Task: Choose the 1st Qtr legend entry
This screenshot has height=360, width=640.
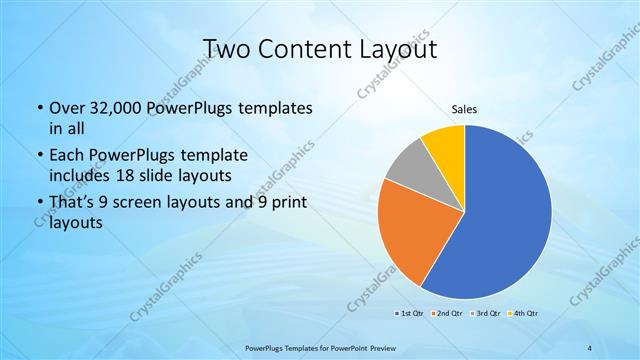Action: click(x=408, y=314)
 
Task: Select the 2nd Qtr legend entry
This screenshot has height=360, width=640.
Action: click(x=446, y=314)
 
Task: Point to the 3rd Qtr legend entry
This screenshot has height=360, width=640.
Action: click(x=484, y=314)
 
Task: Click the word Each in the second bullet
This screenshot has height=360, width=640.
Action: click(x=68, y=155)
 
